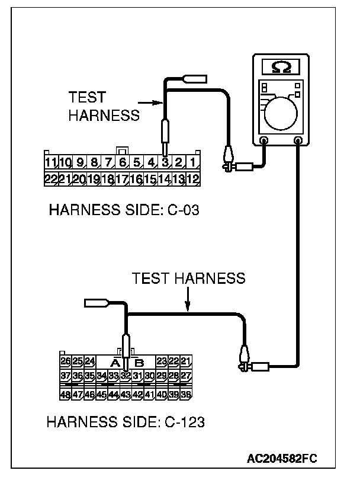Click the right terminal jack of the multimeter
297,141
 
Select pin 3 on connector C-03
165,161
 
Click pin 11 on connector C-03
51,161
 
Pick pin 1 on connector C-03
193,161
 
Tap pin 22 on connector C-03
51,178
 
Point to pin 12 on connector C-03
193,178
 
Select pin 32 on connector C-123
126,376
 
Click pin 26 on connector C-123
66,360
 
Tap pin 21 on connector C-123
187,360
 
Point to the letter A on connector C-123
115,361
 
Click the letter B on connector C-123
139,361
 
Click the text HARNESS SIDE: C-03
123,210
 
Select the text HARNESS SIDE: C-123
126,422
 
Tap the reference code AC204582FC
283,459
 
